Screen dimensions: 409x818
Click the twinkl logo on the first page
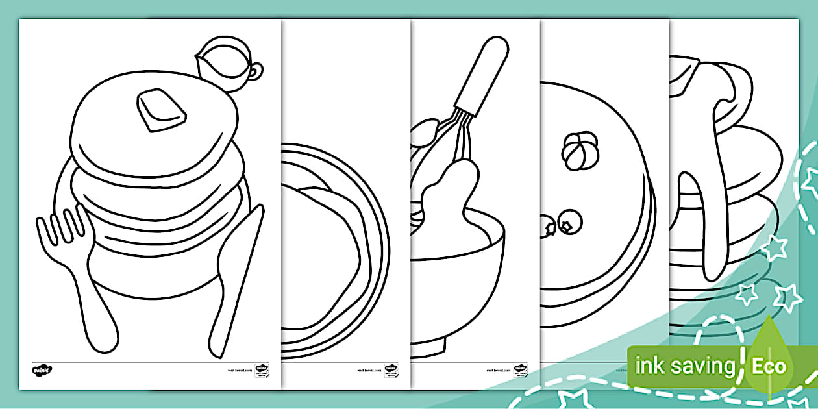point(42,370)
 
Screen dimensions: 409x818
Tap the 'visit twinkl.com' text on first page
point(239,371)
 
